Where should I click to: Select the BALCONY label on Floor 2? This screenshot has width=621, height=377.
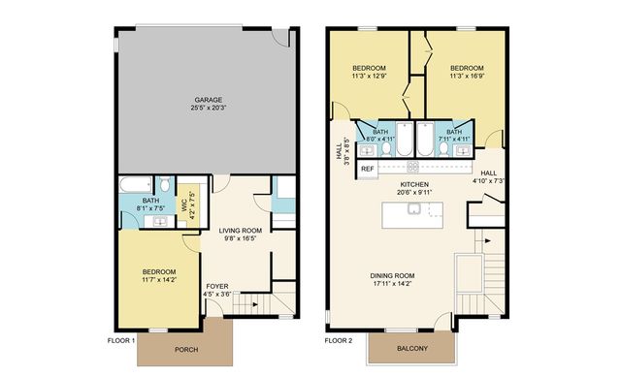tap(410, 350)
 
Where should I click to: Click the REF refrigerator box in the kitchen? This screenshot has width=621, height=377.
tap(368, 169)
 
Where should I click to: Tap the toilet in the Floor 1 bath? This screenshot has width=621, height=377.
tap(166, 184)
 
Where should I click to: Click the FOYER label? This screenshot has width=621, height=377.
tap(216, 286)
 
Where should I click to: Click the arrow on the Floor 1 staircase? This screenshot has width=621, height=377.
tap(256, 305)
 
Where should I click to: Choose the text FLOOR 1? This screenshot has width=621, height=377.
tap(121, 341)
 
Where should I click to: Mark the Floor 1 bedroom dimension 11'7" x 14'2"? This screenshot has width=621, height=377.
tap(159, 280)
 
